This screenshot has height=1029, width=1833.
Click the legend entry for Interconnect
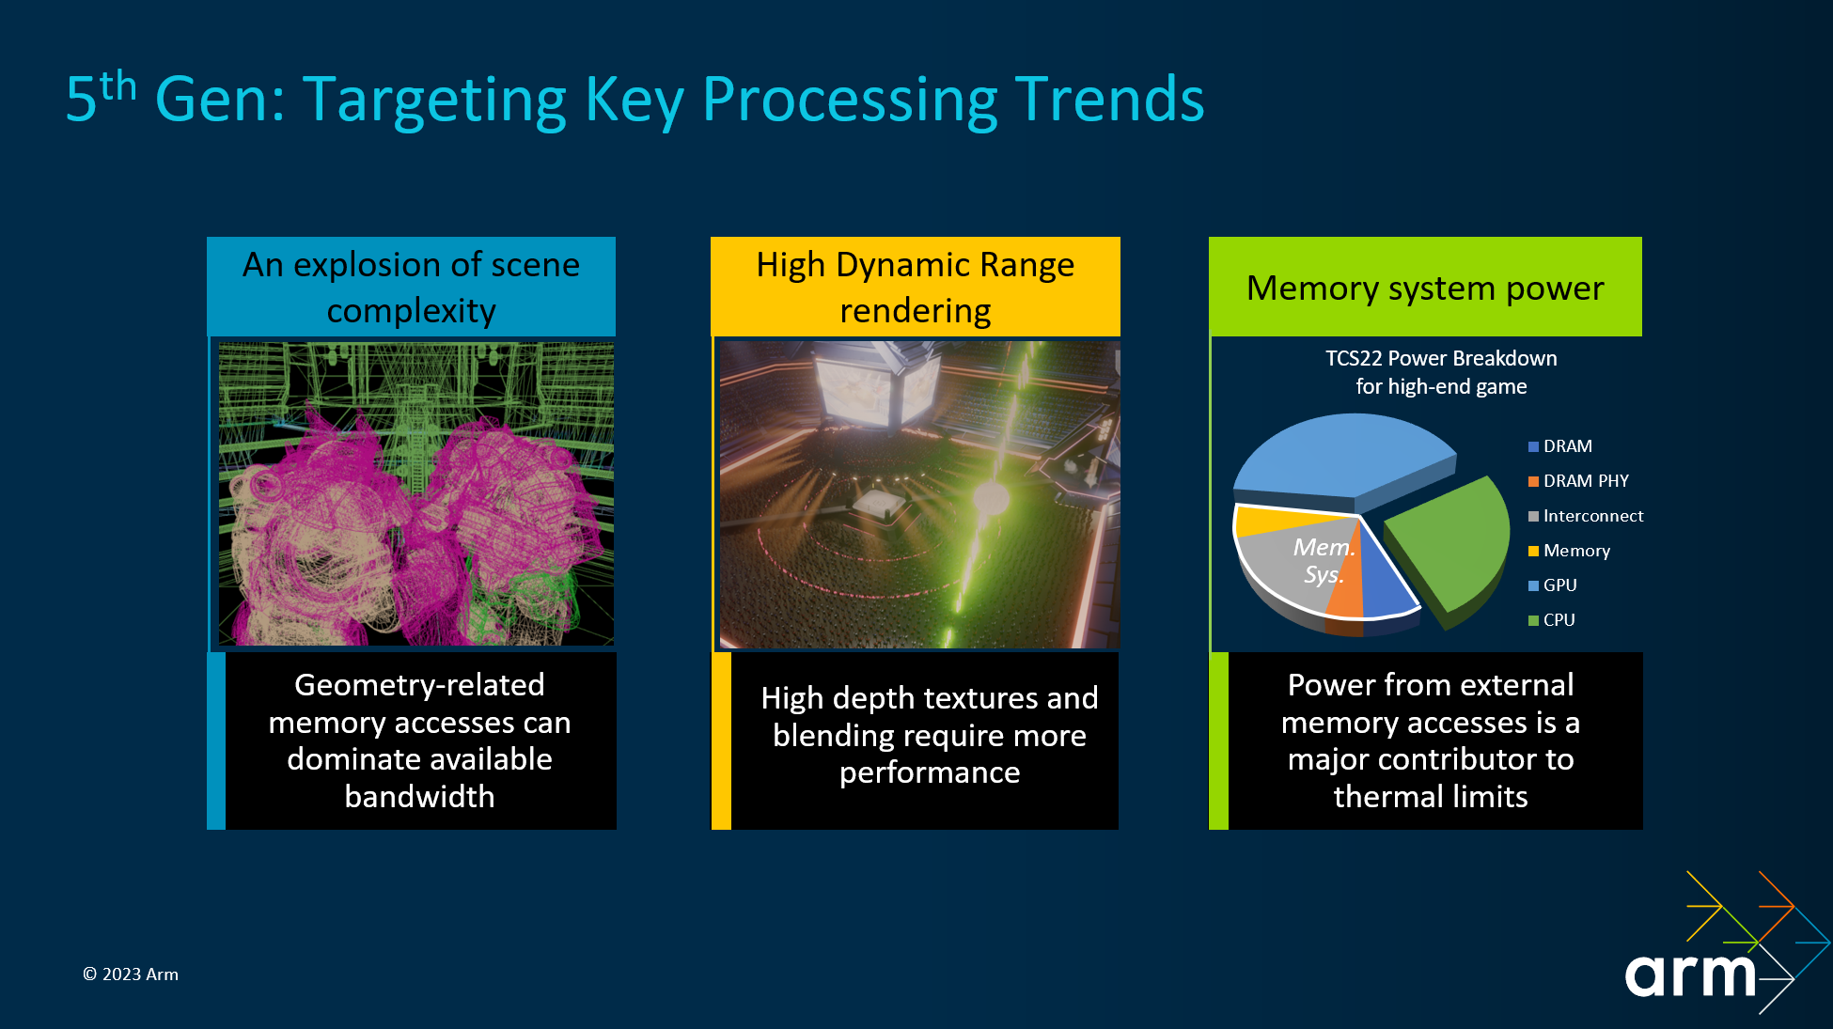(x=1586, y=516)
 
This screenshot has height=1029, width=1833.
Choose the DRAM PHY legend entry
(x=1578, y=481)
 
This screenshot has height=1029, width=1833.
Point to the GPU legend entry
(x=1553, y=585)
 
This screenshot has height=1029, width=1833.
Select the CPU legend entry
(x=1552, y=620)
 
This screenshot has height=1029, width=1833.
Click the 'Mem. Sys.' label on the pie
(x=1324, y=560)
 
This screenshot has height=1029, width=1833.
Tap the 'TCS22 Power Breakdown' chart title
(x=1441, y=358)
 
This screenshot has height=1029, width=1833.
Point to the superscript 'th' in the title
(x=118, y=86)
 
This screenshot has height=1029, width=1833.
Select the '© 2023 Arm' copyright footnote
(x=131, y=974)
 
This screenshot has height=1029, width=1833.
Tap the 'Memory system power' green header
(x=1425, y=287)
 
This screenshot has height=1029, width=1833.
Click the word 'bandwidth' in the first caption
(x=419, y=797)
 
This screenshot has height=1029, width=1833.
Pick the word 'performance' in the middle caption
(x=930, y=773)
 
